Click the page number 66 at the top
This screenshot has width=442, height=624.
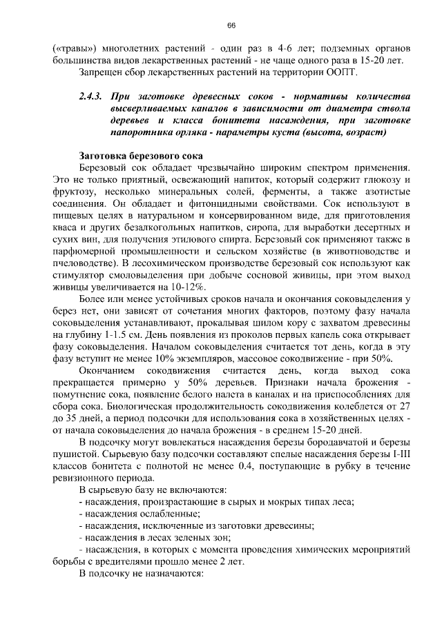pos(231,26)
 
